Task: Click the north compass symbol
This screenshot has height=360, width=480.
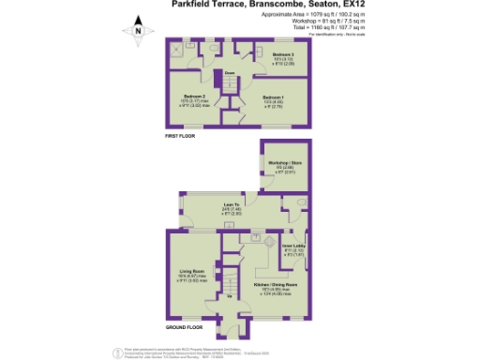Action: point(138,31)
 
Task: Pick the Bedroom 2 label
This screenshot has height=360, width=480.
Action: point(194,97)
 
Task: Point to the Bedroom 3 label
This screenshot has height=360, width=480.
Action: point(284,55)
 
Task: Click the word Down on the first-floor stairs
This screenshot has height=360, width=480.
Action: point(229,72)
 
